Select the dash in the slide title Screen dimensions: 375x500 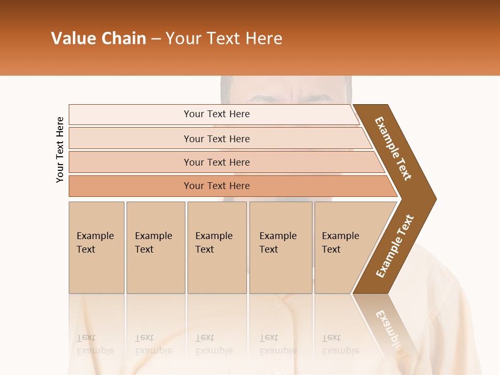(156, 39)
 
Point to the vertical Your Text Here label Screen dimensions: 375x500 (60, 149)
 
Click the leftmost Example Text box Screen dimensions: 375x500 (96, 247)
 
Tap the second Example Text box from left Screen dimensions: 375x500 (155, 247)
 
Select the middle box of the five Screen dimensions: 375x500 (217, 247)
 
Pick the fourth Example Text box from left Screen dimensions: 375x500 (280, 247)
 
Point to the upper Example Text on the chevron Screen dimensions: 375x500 (393, 148)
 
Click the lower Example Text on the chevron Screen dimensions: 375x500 (394, 246)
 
